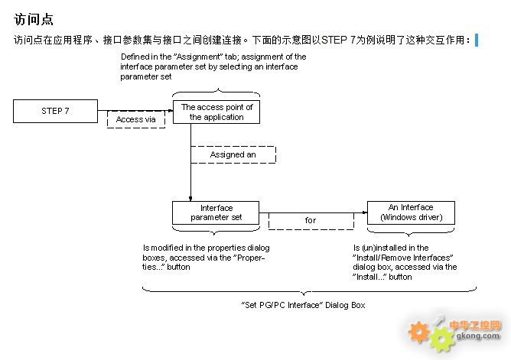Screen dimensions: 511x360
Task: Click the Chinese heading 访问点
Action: pyautogui.click(x=34, y=19)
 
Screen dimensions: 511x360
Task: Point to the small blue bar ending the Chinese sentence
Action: pyautogui.click(x=477, y=40)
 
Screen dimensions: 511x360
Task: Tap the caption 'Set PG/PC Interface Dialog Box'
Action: pyautogui.click(x=303, y=305)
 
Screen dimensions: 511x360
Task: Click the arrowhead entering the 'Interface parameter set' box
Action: pyautogui.click(x=190, y=199)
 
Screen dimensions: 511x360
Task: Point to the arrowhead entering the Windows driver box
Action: pyautogui.click(x=365, y=212)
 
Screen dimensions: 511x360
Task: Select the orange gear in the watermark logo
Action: pyautogui.click(x=418, y=332)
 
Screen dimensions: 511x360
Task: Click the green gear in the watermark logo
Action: pyautogui.click(x=441, y=339)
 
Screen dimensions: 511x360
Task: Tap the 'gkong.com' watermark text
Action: pyautogui.click(x=478, y=336)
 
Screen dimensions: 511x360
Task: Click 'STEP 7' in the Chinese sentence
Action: pyautogui.click(x=338, y=40)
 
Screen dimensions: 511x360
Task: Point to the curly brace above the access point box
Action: pyautogui.click(x=216, y=92)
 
